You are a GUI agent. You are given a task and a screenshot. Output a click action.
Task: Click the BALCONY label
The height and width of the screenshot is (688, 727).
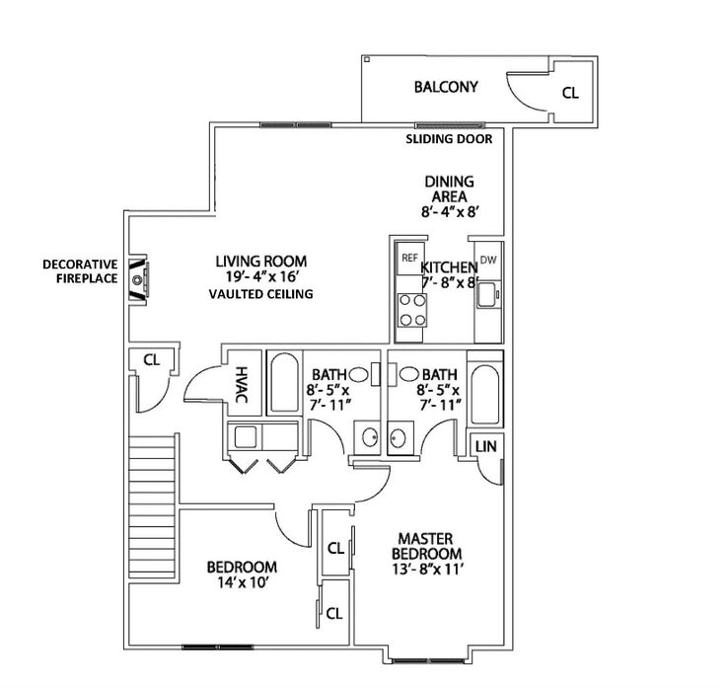pos(446,87)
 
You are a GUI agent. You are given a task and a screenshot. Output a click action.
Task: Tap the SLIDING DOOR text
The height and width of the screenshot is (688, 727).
pos(449,139)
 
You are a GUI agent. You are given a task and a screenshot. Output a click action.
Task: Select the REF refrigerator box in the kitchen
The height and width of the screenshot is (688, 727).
pos(410,258)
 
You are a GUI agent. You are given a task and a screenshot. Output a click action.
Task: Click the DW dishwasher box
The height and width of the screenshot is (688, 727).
pos(488,261)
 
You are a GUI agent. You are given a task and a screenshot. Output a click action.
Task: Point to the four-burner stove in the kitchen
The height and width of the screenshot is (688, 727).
pos(412,310)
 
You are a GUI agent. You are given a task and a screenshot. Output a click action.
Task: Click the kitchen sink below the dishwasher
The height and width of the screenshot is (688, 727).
pos(487,294)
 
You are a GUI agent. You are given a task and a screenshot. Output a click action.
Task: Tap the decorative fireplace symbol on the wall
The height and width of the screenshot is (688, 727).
pos(138,279)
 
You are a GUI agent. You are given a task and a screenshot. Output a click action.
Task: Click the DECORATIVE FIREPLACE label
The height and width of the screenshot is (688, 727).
pos(80,271)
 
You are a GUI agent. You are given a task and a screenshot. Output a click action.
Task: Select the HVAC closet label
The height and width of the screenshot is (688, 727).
pos(242,385)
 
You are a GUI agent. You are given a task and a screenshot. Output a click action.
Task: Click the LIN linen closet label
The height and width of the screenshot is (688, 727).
pos(486,447)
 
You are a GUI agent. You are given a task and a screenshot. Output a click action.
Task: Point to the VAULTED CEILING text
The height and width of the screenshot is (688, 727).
pos(260,294)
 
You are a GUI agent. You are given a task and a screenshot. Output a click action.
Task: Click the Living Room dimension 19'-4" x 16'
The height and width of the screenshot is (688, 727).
pos(260,277)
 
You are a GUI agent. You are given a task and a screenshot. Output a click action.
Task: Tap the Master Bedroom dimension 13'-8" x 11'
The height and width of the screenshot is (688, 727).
pos(427,570)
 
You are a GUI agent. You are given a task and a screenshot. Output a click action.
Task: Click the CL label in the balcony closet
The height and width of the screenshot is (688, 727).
pos(570,93)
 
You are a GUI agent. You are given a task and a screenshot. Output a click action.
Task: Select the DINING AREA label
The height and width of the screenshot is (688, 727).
pos(449,189)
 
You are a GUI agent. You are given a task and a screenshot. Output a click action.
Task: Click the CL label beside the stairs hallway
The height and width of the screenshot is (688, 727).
pos(152,360)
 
